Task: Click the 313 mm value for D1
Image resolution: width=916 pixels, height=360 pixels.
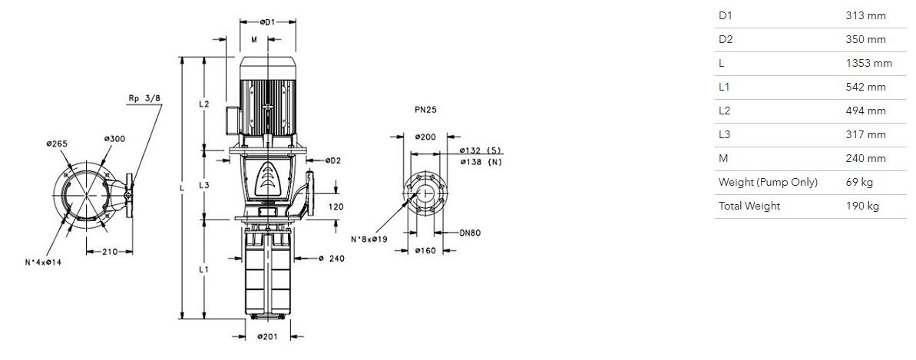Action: (x=866, y=16)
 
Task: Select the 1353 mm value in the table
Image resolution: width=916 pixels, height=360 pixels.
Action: (x=868, y=63)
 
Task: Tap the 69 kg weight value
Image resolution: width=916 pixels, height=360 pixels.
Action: (x=859, y=183)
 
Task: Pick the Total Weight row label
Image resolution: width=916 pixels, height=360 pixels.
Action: (x=749, y=206)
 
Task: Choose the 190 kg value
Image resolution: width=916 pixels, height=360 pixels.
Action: (x=862, y=206)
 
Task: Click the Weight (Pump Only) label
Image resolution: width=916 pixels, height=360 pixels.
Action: (x=769, y=183)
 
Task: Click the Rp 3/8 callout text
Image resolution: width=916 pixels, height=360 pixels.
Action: (x=144, y=99)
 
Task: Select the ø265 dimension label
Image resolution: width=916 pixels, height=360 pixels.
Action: (x=57, y=143)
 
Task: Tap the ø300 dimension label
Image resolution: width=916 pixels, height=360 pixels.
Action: (x=114, y=138)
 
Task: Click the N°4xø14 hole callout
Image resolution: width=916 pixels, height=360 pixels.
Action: (x=43, y=263)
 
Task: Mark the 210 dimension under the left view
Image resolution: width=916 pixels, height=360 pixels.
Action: (x=110, y=252)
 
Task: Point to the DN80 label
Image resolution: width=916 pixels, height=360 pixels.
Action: (x=470, y=233)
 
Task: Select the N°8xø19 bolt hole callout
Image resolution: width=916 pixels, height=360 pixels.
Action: (x=369, y=239)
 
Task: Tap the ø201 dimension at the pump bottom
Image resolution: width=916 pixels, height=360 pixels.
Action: (x=268, y=336)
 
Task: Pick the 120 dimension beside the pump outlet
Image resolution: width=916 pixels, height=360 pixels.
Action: (x=336, y=206)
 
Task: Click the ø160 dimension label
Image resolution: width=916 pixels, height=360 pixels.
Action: (x=425, y=251)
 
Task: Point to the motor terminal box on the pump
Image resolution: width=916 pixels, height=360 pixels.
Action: (x=231, y=119)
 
